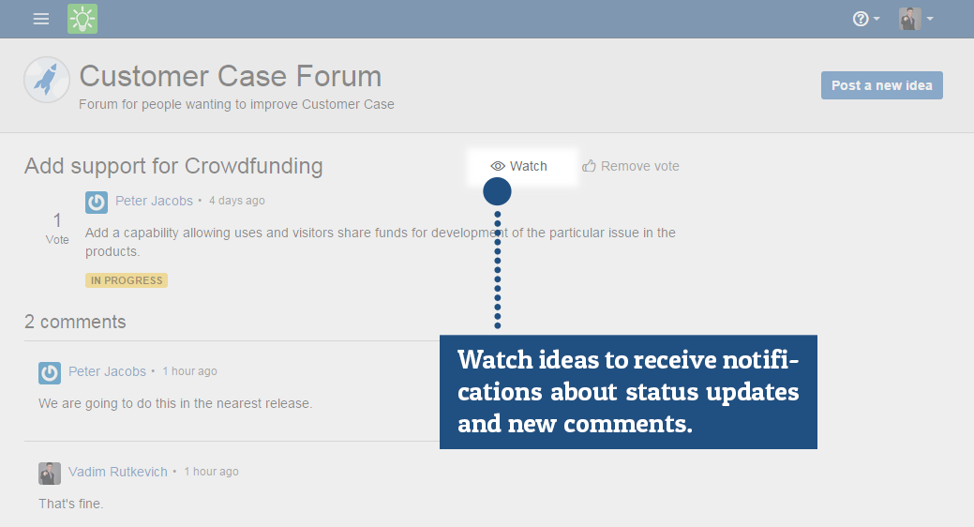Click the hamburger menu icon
[41, 20]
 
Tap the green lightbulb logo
[82, 19]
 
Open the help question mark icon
[861, 19]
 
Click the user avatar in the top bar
[909, 19]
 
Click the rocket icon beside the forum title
[47, 80]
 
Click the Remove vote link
[631, 166]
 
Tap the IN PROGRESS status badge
[127, 280]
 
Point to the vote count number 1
[57, 220]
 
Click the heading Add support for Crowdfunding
[173, 166]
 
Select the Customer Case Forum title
[231, 76]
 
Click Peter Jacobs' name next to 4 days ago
[154, 201]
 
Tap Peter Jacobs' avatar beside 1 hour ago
[50, 373]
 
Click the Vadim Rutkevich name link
[118, 472]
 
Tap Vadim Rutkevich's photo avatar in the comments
[50, 474]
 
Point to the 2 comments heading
[75, 322]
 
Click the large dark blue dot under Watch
[497, 191]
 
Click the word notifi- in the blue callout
[760, 360]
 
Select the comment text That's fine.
[71, 504]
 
